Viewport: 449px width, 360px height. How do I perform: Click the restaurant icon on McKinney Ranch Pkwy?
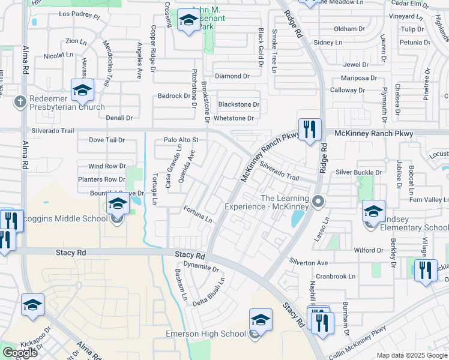coord(310,129)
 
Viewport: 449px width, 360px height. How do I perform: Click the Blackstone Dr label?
coord(238,104)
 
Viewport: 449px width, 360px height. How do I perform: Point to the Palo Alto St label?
coord(181,140)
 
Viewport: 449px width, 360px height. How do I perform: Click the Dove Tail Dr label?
coord(106,140)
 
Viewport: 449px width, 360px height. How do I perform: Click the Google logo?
coord(20,353)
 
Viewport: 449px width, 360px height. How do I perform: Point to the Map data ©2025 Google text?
coord(412,355)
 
